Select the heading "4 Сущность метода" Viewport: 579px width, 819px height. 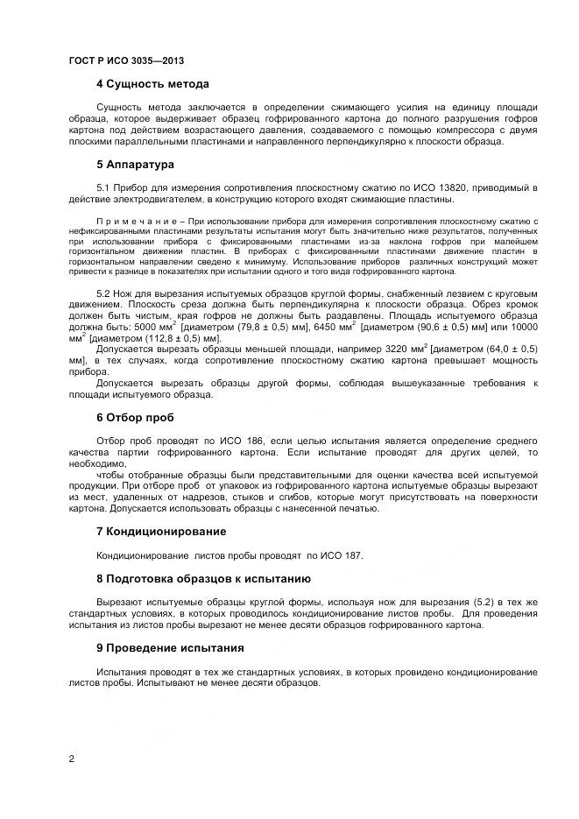click(152, 85)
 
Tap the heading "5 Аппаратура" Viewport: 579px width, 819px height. click(135, 165)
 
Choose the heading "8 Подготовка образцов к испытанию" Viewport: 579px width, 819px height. click(202, 579)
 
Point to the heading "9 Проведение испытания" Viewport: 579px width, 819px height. click(170, 648)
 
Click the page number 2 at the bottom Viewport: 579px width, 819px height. click(72, 759)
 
